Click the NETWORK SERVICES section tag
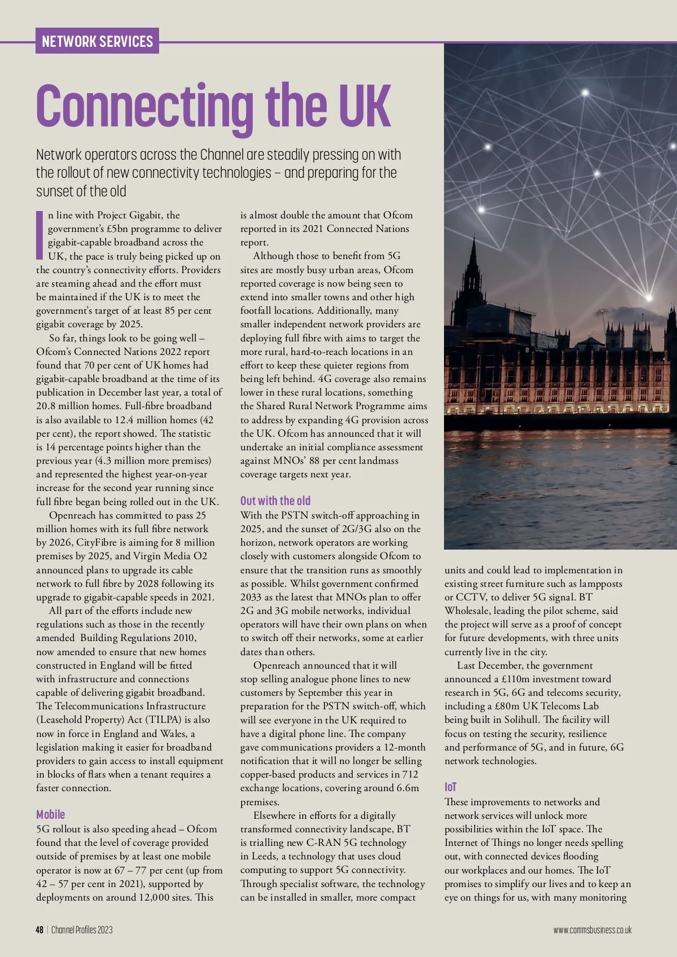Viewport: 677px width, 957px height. point(97,41)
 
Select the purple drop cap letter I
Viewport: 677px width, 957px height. point(40,233)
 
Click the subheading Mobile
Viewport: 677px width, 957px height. point(51,814)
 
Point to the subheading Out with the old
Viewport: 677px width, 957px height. point(275,501)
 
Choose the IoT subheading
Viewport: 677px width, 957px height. point(450,787)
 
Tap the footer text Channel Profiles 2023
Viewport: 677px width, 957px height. point(82,930)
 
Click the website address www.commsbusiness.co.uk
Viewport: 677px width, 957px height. point(592,930)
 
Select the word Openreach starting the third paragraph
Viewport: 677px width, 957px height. point(73,515)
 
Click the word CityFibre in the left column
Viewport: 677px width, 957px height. point(98,542)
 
